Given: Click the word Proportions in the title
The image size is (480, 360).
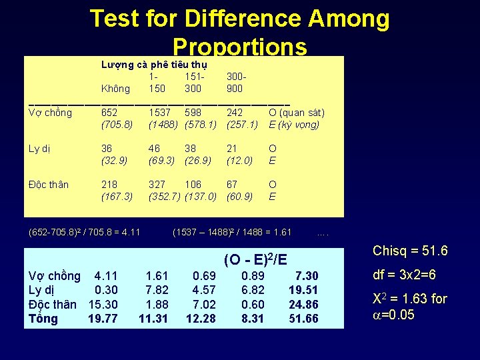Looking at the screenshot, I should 239,47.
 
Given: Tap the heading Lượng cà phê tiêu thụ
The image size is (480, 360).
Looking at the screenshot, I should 154,65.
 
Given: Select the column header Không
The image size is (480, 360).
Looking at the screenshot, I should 115,89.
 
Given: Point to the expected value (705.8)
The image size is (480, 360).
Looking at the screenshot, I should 117,125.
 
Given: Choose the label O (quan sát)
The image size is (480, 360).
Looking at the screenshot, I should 296,113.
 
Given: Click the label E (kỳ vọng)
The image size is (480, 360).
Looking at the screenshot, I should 294,125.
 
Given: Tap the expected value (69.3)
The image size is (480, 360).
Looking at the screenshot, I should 161,161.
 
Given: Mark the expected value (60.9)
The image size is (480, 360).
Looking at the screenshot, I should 240,197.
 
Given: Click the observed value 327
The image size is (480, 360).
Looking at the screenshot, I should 157,185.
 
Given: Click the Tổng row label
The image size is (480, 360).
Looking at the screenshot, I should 43,319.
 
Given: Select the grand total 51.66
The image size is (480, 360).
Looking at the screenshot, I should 304,319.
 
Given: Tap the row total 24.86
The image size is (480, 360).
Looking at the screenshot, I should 304,304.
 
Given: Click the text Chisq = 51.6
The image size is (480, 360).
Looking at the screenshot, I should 410,251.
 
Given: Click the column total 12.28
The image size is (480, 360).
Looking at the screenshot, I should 201,319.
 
